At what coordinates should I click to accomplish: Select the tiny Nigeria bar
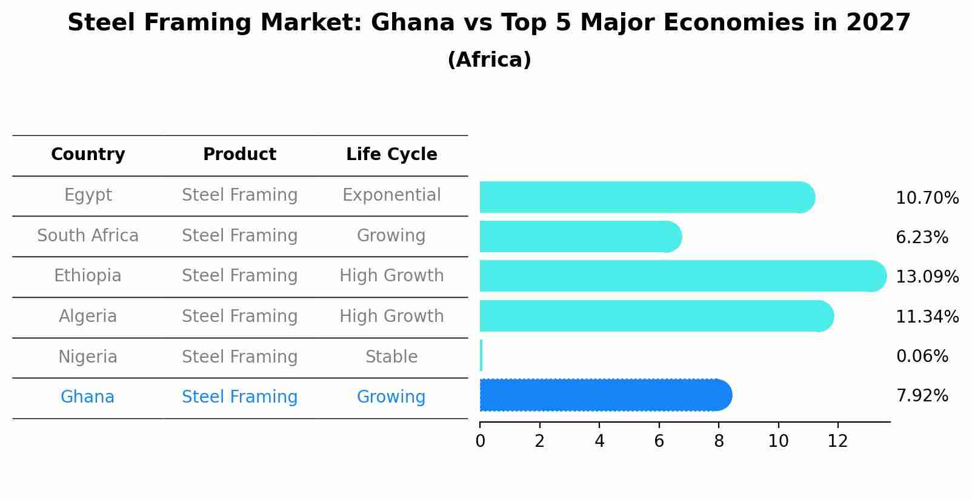(481, 355)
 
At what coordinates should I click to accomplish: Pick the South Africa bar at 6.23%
(580, 236)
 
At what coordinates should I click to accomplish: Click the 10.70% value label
(927, 198)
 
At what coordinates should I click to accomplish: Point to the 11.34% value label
(927, 316)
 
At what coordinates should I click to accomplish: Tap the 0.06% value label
(922, 357)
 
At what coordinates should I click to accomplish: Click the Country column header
(88, 155)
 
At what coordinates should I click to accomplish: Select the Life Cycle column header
(391, 155)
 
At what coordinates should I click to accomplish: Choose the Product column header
(239, 155)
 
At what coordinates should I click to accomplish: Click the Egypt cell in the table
(88, 195)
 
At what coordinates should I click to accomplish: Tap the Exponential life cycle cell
(391, 195)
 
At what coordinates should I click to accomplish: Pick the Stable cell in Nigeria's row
(391, 357)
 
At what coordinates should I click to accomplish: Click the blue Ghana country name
(87, 397)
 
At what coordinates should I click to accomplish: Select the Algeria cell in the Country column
(88, 316)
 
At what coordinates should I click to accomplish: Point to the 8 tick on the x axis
(719, 441)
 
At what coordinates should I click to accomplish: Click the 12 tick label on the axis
(837, 441)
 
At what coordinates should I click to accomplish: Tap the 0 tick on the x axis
(480, 441)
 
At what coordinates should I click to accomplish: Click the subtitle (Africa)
(489, 60)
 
